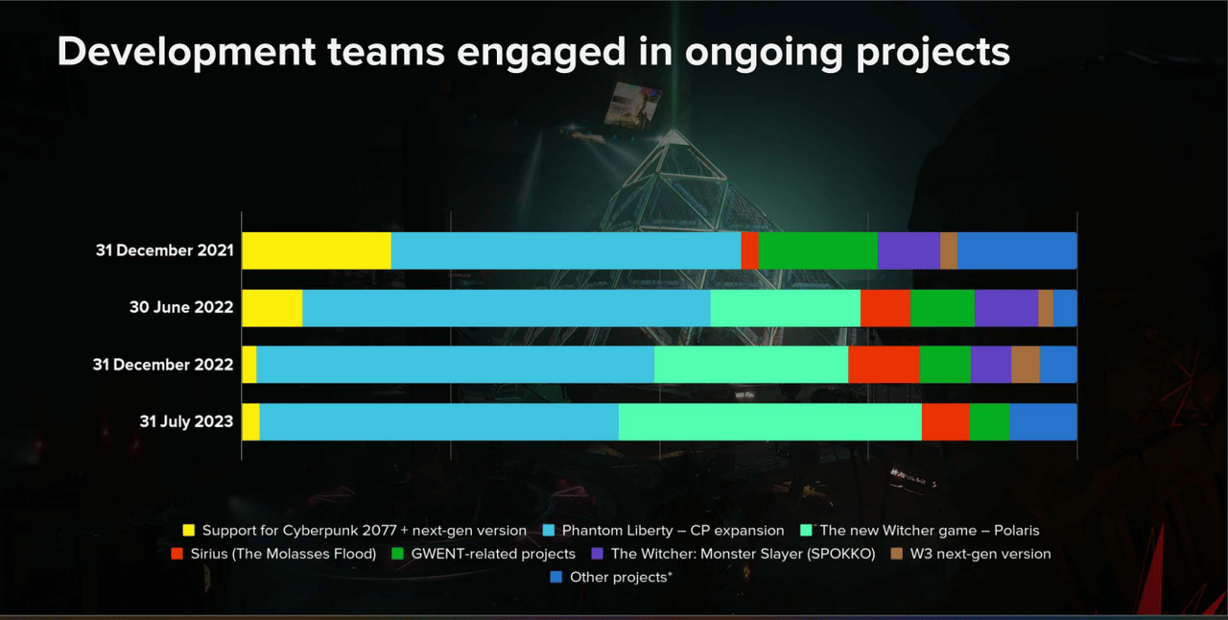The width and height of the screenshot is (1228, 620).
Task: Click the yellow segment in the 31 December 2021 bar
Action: coord(317,250)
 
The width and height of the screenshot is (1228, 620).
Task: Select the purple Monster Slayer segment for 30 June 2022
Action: coord(1005,308)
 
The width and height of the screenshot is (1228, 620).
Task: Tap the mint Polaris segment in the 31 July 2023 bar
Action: coord(769,421)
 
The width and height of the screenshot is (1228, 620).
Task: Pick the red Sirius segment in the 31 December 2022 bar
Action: coord(884,365)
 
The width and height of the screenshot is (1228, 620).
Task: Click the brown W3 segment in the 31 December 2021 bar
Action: coord(948,250)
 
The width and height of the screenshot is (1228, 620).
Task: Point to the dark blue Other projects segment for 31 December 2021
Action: coord(1017,250)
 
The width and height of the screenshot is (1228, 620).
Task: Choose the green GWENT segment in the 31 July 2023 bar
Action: coord(989,421)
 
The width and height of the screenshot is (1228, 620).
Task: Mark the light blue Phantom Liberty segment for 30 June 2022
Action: coord(506,308)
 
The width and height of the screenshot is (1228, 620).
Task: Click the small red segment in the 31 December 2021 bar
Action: coord(749,250)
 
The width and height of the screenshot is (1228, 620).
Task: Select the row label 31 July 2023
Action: coord(186,421)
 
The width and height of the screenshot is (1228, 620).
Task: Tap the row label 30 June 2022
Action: coord(181,308)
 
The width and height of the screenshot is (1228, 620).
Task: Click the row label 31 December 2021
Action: coord(164,250)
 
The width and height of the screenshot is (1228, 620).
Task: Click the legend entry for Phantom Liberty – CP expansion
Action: coord(673,530)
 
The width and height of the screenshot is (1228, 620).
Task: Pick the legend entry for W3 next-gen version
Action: coord(980,554)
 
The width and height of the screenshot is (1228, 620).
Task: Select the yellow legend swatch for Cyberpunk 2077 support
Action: coord(189,530)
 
